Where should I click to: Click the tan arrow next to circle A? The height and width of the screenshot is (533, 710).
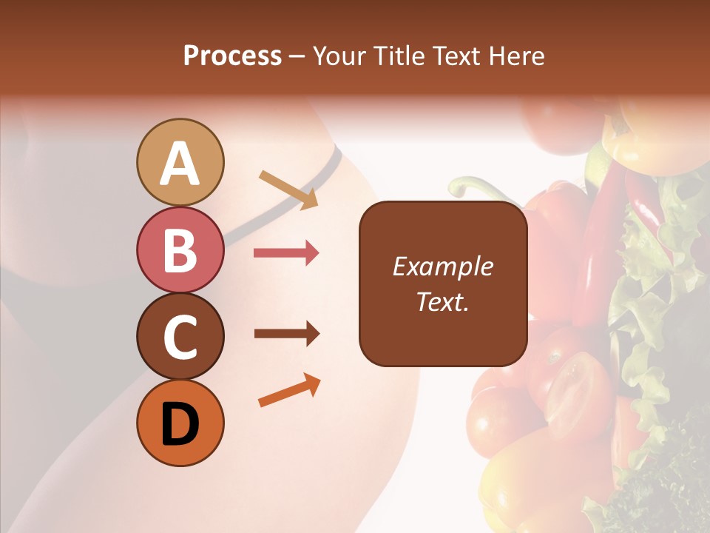288,188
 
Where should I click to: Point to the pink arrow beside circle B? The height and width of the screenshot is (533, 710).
286,253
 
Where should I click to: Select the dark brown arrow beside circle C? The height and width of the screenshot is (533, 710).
286,334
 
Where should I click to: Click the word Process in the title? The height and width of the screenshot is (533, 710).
232,56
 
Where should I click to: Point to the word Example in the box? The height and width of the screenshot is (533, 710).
443,266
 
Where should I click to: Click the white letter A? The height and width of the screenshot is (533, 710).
180,164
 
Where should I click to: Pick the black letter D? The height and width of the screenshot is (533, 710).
180,424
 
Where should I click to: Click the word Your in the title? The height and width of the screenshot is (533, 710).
339,56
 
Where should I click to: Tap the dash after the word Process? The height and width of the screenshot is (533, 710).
297,56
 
